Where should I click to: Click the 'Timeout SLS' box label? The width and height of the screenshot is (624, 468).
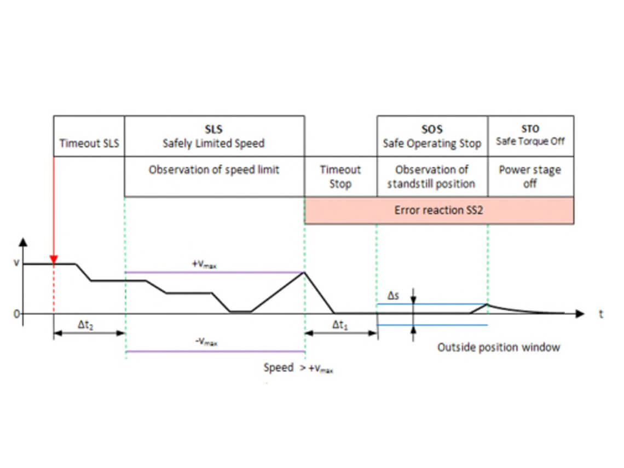coord(89,143)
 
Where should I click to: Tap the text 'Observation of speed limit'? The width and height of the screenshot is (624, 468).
coord(214,170)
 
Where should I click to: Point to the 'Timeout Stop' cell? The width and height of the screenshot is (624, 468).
coord(340,177)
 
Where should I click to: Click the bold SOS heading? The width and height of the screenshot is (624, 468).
coord(432,130)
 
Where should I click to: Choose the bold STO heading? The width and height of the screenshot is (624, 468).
coord(530,129)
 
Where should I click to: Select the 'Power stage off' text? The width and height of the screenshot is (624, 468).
coord(530,177)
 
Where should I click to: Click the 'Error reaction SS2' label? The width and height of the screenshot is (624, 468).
coord(439,210)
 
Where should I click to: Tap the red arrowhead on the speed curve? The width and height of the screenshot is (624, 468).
coord(54,259)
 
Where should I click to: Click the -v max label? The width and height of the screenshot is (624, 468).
coord(206,342)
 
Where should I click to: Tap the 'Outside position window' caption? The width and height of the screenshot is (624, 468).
coord(499,347)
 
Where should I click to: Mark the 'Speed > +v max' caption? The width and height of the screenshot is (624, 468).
coord(298,368)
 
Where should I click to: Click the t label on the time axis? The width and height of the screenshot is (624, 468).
coord(601,314)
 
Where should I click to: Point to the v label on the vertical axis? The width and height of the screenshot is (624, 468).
coord(16,263)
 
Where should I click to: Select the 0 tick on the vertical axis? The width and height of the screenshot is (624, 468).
coord(17,314)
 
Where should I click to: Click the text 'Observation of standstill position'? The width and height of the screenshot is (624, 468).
coord(431,177)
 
